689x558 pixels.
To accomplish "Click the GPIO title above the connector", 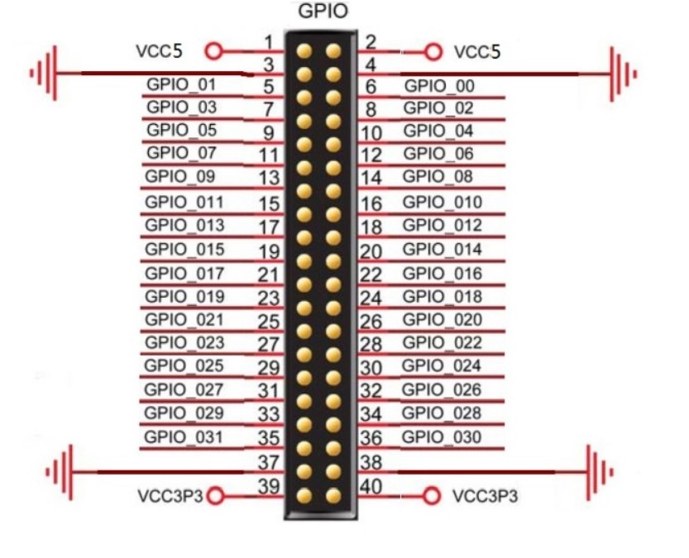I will pyautogui.click(x=322, y=12).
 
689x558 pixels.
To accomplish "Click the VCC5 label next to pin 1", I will pyautogui.click(x=159, y=51).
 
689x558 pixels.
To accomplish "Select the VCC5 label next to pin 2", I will pyautogui.click(x=477, y=51).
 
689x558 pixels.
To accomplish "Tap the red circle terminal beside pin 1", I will pyautogui.click(x=214, y=51).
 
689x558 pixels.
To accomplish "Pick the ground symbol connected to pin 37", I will pyautogui.click(x=60, y=472).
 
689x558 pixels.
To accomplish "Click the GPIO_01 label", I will pyautogui.click(x=181, y=84).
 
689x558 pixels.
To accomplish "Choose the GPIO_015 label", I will pyautogui.click(x=184, y=249).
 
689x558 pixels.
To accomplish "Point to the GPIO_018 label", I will pyautogui.click(x=442, y=296).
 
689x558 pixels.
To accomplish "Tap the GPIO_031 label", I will pyautogui.click(x=183, y=436).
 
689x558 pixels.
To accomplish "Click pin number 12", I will pyautogui.click(x=371, y=155).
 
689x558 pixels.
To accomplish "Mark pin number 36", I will pyautogui.click(x=371, y=439).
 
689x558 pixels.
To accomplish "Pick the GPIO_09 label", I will pyautogui.click(x=179, y=176).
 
